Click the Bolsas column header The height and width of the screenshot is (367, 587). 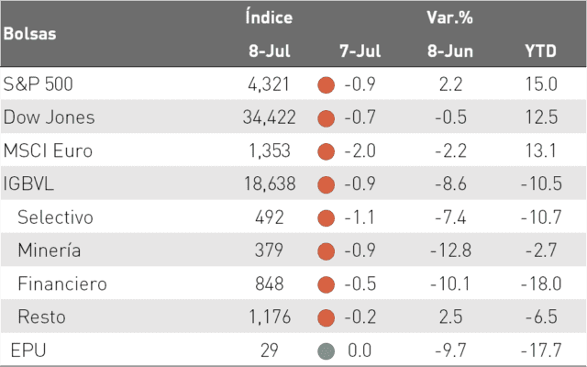[x=30, y=34]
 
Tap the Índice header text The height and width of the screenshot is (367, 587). [x=269, y=17]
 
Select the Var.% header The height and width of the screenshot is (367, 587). [x=449, y=17]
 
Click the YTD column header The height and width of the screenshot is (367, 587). [x=540, y=51]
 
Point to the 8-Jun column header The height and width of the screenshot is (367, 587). [x=450, y=51]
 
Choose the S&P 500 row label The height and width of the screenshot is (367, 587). [x=38, y=83]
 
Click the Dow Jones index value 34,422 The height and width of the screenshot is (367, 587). [x=269, y=117]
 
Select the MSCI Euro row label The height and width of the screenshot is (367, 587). [x=48, y=150]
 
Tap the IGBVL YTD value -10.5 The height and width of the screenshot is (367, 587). [x=541, y=183]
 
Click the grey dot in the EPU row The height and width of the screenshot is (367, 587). [x=327, y=351]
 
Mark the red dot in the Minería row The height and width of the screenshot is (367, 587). [x=327, y=251]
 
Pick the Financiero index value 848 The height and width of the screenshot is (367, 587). [x=269, y=284]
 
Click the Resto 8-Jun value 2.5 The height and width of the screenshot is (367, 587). [x=450, y=317]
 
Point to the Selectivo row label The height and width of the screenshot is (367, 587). [x=55, y=217]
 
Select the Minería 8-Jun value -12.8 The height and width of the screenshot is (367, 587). [x=450, y=250]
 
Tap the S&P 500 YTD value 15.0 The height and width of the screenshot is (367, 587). [x=541, y=83]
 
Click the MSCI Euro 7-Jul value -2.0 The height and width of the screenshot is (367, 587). [x=360, y=150]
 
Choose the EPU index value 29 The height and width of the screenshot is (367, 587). [x=269, y=350]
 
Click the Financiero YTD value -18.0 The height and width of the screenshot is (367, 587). [x=541, y=284]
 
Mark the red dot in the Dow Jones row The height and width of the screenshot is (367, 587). [x=327, y=118]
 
